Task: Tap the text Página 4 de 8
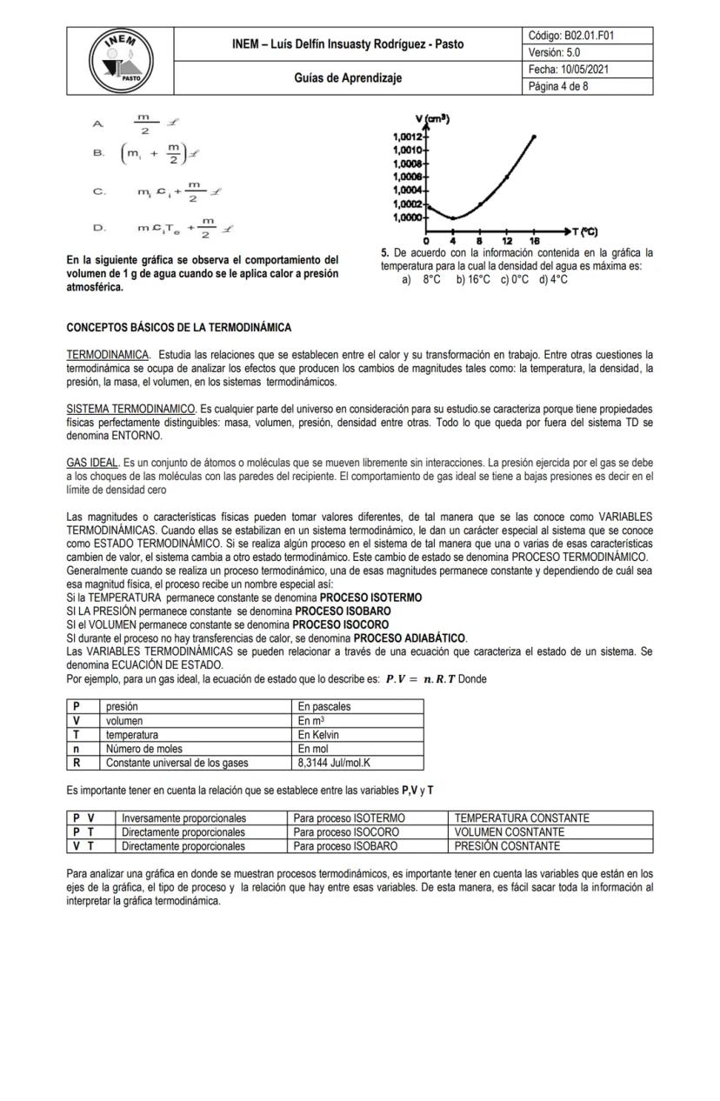click(x=558, y=86)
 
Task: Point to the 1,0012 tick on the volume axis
click(x=408, y=137)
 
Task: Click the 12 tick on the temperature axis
click(x=506, y=241)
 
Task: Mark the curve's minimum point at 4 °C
click(x=452, y=217)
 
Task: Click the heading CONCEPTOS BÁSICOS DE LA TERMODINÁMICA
click(x=179, y=328)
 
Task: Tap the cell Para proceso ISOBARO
click(x=346, y=845)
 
